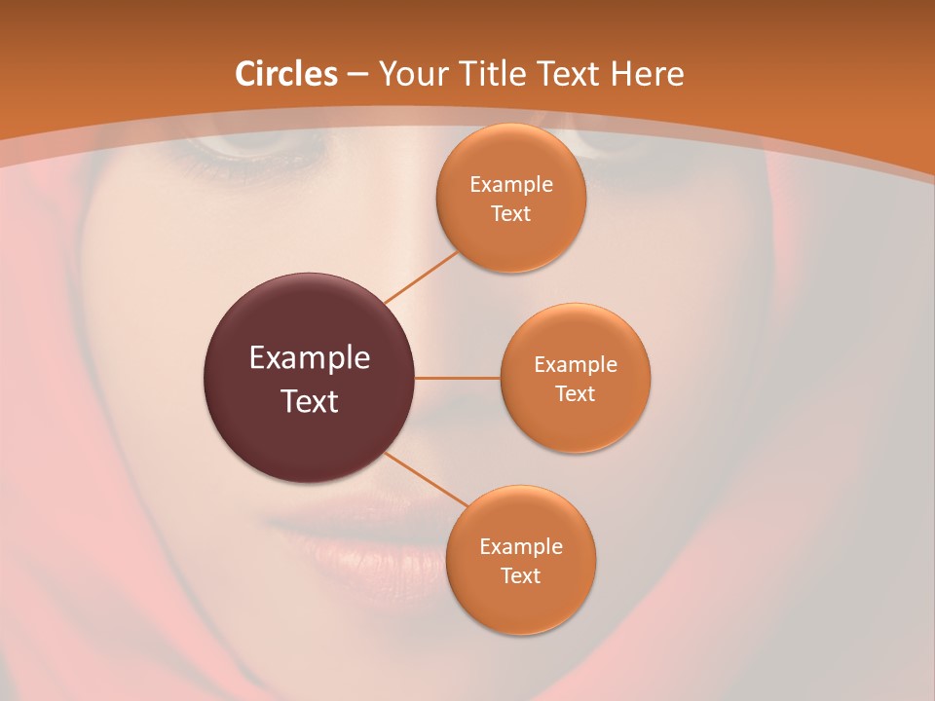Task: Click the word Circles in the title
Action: pos(285,74)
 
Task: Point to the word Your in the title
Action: pos(409,74)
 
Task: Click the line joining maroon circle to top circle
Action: pos(422,277)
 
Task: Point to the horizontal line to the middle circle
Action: pos(458,377)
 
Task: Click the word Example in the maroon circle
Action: pos(310,358)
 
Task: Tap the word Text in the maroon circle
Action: pos(310,401)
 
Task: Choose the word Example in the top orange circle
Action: pos(511,185)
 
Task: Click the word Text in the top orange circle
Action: pos(510,214)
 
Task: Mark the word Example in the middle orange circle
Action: pos(576,365)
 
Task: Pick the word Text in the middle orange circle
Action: pos(575,394)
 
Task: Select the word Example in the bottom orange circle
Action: pos(521,547)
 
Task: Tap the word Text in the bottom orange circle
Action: pos(520,576)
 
